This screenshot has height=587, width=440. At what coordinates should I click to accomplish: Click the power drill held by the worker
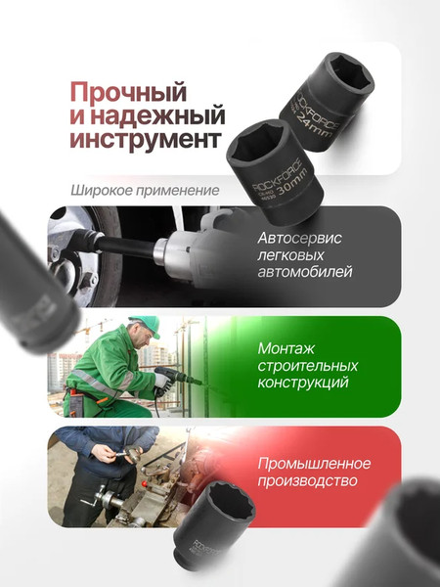pos(176,377)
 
